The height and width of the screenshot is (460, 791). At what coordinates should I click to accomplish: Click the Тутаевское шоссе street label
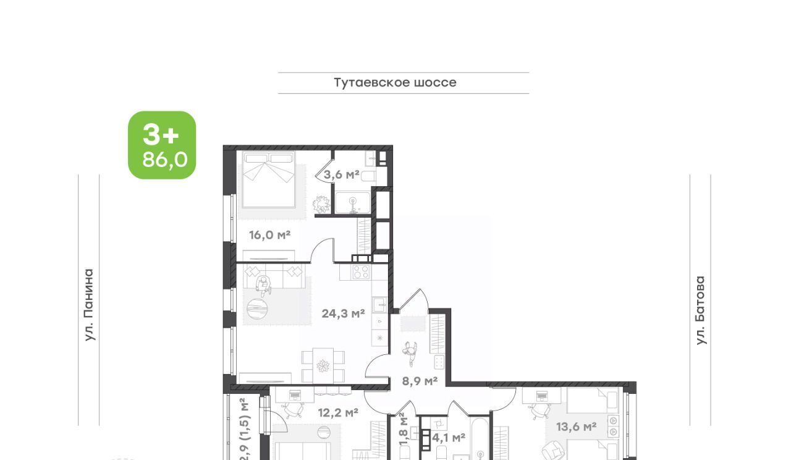point(395,83)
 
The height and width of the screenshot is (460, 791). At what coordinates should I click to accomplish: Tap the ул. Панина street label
point(90,305)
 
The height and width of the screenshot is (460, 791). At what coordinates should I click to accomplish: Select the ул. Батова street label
point(700,310)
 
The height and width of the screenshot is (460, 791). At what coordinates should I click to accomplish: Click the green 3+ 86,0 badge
point(162,145)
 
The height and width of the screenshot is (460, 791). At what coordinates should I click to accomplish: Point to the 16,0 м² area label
point(270,235)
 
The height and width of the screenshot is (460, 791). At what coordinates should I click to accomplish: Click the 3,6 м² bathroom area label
point(342,174)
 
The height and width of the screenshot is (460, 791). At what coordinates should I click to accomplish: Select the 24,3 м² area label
point(343,313)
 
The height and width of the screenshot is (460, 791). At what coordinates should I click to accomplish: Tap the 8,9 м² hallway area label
point(420,381)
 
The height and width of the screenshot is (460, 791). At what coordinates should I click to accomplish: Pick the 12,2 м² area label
point(338,412)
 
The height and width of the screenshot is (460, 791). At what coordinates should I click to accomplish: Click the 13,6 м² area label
point(577,427)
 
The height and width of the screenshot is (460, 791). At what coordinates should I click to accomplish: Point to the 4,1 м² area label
point(449,438)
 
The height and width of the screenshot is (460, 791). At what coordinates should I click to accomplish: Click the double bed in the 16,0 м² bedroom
point(269,179)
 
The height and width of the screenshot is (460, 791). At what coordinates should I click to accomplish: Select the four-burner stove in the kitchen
point(361,271)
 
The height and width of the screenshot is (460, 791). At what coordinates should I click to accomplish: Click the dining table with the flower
point(323,365)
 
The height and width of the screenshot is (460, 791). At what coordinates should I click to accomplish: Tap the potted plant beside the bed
point(321,204)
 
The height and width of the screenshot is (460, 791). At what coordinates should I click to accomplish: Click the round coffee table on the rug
point(257,309)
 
